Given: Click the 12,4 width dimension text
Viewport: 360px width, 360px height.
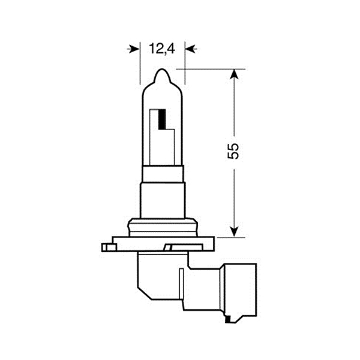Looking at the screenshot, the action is click(162, 49).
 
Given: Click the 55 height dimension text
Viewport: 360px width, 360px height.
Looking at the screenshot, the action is click(233, 151).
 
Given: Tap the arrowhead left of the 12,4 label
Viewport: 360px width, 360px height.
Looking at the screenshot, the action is click(134, 49).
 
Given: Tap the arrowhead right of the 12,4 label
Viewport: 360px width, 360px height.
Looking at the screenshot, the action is click(191, 49).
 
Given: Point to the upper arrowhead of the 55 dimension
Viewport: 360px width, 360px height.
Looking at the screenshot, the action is click(234, 74).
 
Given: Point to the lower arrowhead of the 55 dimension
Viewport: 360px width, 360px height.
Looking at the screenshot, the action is click(234, 232).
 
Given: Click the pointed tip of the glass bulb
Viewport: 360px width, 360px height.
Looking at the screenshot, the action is click(163, 69).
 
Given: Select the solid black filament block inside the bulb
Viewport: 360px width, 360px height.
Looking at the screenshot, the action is click(162, 119).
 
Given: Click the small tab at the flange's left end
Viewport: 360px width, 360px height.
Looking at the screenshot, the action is click(109, 247).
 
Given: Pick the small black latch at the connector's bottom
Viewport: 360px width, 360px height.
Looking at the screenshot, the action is click(228, 319).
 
